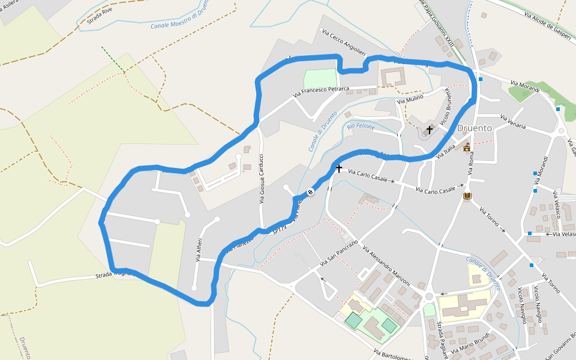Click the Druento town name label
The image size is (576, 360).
(x=474, y=128)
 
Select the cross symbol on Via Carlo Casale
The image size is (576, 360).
(x=339, y=169)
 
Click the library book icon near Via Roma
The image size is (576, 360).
(x=467, y=196)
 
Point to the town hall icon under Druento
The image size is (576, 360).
(x=467, y=147)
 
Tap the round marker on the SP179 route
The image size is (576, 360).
(x=311, y=192)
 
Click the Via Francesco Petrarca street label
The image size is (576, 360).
(x=321, y=91)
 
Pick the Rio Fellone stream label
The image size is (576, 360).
(x=361, y=127)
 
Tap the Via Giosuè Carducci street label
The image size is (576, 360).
(x=262, y=179)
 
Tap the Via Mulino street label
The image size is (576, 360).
(x=410, y=98)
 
